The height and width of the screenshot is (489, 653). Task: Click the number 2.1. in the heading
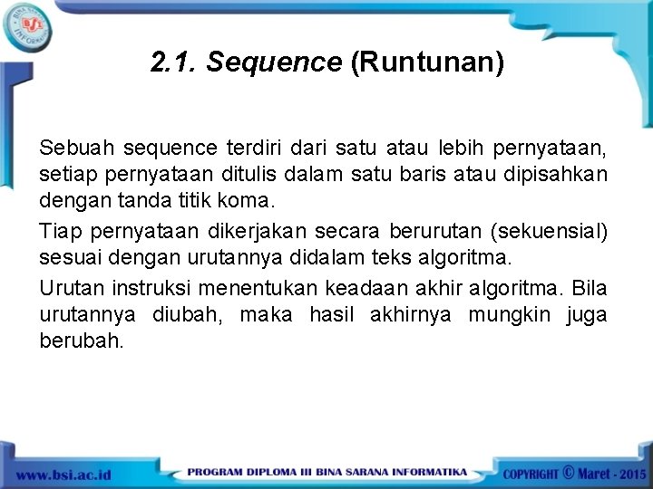(174, 62)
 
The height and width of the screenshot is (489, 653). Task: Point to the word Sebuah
(71, 147)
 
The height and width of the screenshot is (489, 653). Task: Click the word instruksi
(150, 289)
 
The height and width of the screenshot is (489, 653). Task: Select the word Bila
(589, 289)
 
